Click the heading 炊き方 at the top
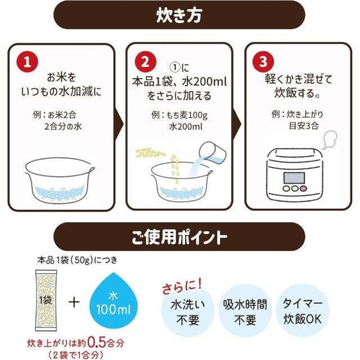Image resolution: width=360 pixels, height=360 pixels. (x=179, y=15)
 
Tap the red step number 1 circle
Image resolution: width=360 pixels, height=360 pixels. (x=28, y=62)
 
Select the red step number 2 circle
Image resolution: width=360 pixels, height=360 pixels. (x=146, y=62)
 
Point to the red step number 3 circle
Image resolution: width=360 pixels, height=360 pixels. (x=263, y=61)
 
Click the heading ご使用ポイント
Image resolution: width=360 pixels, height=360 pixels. (x=179, y=237)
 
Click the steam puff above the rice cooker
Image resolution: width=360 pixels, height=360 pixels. (x=330, y=139)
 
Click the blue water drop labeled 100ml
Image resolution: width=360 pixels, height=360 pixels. (x=114, y=301)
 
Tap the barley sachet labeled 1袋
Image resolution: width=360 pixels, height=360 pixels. (x=46, y=300)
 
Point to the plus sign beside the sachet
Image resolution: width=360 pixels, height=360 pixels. (x=74, y=302)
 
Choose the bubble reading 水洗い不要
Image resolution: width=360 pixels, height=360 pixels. (x=188, y=311)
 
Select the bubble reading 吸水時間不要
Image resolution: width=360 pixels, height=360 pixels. (x=245, y=311)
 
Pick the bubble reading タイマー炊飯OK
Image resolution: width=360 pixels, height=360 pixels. (x=303, y=310)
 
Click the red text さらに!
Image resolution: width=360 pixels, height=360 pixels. (x=182, y=286)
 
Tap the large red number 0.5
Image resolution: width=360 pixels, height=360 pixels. (x=96, y=343)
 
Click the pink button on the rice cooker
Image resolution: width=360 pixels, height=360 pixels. (x=304, y=188)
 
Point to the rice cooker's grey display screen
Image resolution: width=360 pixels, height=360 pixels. (x=294, y=178)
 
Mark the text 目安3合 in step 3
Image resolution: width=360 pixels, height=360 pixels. (x=304, y=126)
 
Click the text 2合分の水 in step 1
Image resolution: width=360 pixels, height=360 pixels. (x=63, y=127)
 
